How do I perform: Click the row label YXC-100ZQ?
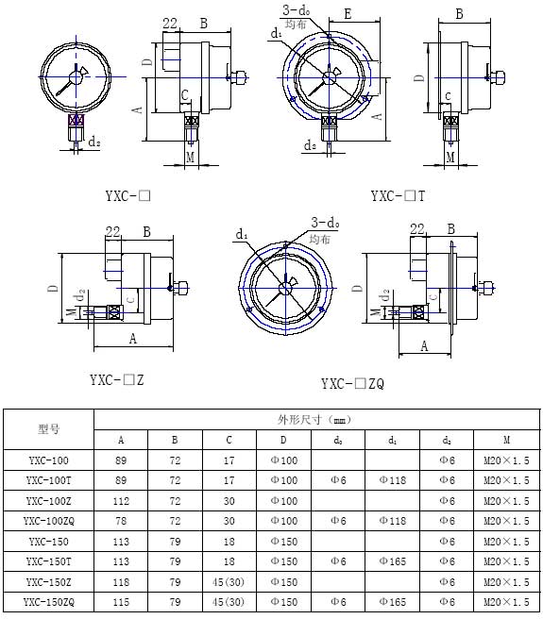(x=49, y=521)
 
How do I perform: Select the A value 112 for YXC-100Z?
(x=120, y=501)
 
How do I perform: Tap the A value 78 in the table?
(x=120, y=521)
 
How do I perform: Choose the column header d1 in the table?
(x=392, y=440)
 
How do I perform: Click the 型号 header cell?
(x=49, y=429)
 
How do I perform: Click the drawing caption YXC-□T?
(x=398, y=196)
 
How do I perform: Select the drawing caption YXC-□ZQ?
(x=352, y=384)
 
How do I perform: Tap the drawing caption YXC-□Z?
(x=117, y=380)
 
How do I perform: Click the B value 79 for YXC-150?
(x=175, y=542)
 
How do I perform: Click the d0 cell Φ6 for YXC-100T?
(x=338, y=480)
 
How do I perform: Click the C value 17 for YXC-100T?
(x=229, y=480)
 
